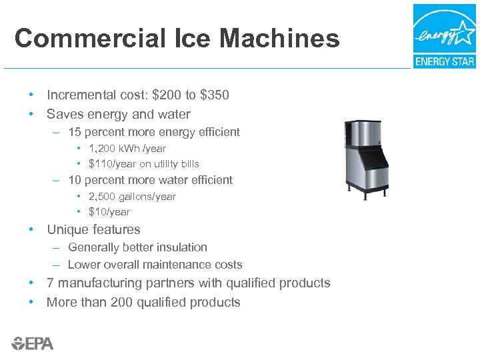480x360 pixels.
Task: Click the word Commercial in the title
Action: point(79,39)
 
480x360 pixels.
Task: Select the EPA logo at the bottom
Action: point(33,343)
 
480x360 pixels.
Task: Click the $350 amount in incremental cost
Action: point(215,95)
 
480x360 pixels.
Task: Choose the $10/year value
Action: point(109,212)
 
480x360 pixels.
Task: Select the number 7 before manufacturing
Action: point(50,283)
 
